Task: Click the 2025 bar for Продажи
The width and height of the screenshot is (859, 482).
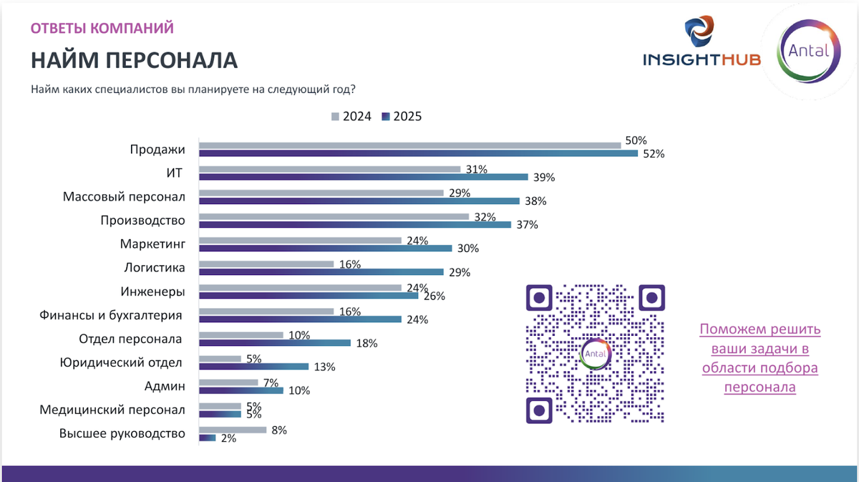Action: (x=417, y=153)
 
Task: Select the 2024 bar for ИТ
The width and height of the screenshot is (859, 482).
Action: (x=329, y=169)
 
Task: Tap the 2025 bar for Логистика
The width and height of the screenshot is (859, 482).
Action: (x=320, y=271)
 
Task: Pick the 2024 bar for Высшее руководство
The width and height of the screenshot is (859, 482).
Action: (x=232, y=430)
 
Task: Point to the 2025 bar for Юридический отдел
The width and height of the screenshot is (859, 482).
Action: (x=253, y=366)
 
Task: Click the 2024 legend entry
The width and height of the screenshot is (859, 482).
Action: (x=351, y=117)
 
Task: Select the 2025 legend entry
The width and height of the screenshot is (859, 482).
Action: (x=402, y=117)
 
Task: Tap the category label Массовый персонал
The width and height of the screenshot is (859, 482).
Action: (x=124, y=196)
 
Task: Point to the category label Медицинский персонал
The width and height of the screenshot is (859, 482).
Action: (x=112, y=410)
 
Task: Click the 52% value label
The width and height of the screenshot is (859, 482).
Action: (x=654, y=154)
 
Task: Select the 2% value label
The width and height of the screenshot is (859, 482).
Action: (x=228, y=438)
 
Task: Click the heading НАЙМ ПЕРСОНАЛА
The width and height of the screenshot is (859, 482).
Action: (x=134, y=59)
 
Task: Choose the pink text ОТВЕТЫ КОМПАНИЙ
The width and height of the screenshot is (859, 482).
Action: (x=102, y=29)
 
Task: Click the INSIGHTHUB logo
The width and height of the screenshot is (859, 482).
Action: (x=702, y=47)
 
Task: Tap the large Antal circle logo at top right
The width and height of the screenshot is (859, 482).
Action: (x=807, y=52)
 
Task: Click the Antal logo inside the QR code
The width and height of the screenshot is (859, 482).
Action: (x=596, y=353)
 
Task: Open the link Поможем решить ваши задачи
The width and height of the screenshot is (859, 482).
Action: (x=759, y=358)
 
